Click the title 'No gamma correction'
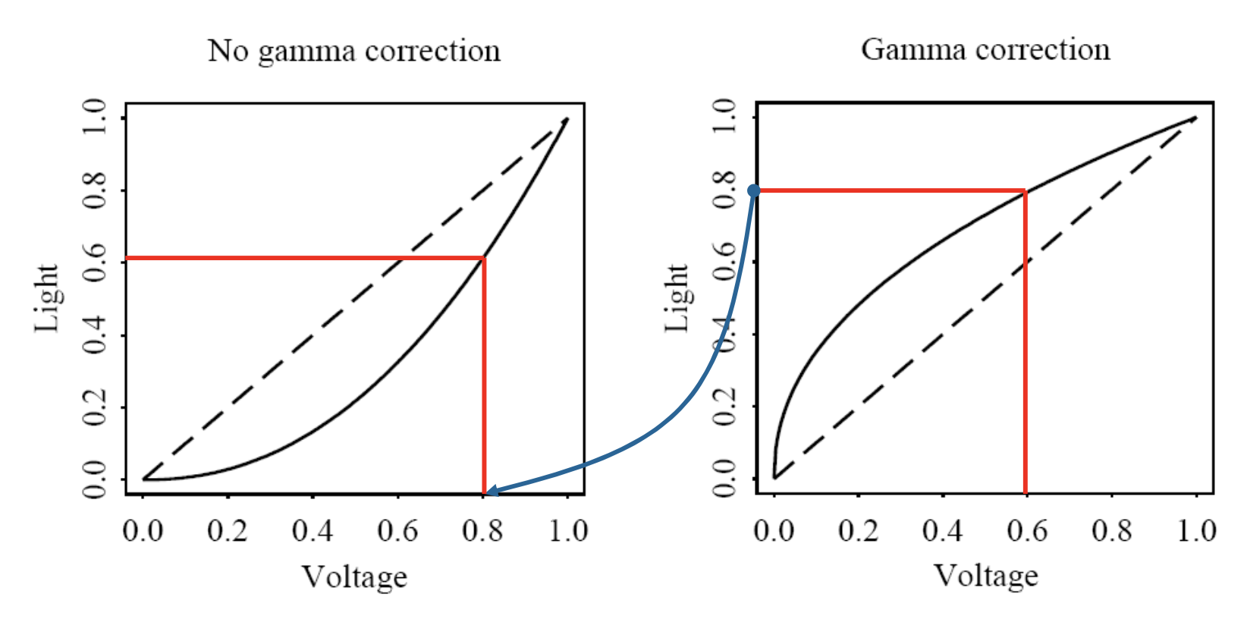tap(354, 52)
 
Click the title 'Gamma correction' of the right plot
tap(985, 50)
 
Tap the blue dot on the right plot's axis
tap(753, 190)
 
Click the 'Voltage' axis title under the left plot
tap(354, 577)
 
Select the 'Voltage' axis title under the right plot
tap(985, 576)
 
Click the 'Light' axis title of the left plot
tap(47, 298)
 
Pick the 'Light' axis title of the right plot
tap(677, 298)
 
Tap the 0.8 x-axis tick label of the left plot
tap(482, 530)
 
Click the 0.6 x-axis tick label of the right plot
tap(1027, 530)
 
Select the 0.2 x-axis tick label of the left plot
tap(228, 530)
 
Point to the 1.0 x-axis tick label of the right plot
tap(1196, 530)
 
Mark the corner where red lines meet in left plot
tap(484, 259)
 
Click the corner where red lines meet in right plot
tap(1025, 190)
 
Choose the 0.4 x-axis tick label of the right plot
tap(942, 530)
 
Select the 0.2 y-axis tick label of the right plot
tap(724, 407)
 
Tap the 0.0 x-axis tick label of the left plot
tap(143, 530)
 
